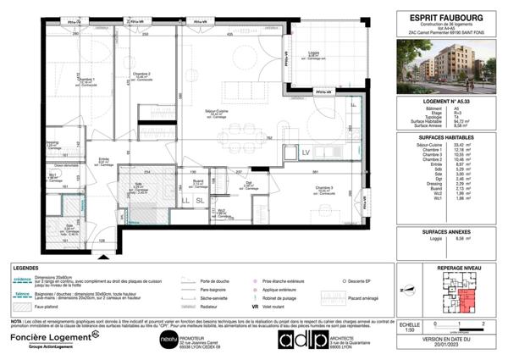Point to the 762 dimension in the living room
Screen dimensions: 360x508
(268, 138)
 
